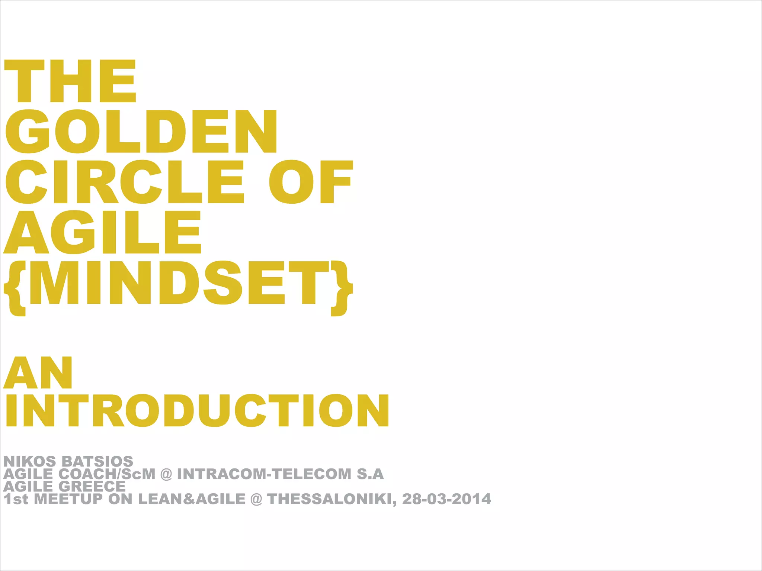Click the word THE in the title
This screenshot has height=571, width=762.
70,81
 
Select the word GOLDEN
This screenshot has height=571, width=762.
141,131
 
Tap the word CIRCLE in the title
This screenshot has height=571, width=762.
125,182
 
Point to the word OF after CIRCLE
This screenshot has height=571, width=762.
311,182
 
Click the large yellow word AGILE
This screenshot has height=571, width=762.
102,232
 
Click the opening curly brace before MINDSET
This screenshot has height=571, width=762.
16,288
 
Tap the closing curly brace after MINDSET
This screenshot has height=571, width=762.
341,288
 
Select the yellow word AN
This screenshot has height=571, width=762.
38,372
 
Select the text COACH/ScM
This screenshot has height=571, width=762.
107,474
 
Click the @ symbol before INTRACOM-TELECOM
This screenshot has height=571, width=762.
166,474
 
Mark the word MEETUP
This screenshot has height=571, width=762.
68,499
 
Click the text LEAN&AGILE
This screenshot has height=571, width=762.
192,499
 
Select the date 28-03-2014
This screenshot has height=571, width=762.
446,499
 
